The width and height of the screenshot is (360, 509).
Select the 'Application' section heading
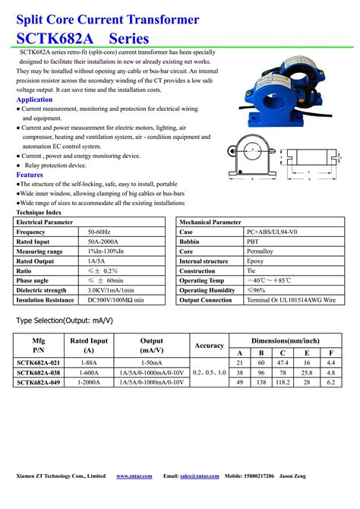coord(34,100)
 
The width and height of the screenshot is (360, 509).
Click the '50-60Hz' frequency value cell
coord(99,232)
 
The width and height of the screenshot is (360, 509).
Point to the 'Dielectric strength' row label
coord(44,290)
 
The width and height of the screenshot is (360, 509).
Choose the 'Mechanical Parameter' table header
coord(210,222)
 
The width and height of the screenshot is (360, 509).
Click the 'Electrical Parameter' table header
coord(45,222)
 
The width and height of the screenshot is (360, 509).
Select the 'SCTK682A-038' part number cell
coord(39,372)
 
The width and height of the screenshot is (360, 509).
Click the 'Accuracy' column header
coord(209,346)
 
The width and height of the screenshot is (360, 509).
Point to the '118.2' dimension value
coord(283,382)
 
